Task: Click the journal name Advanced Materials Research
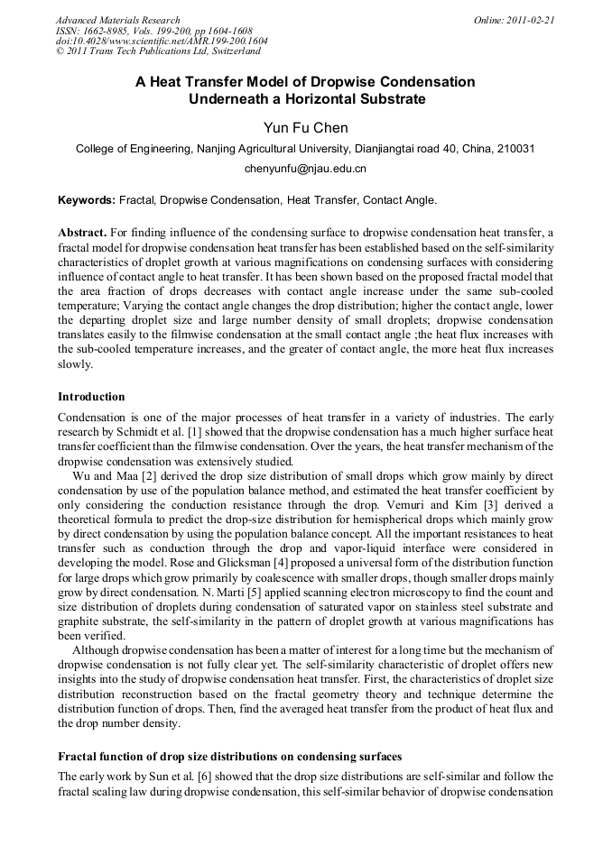point(117,20)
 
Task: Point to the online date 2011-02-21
point(528,20)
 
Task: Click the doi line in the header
point(162,41)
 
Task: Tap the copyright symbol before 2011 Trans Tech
point(60,52)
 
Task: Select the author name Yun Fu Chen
point(305,128)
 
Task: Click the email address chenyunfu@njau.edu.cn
point(305,169)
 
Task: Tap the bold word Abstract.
point(84,232)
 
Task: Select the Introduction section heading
point(91,397)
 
